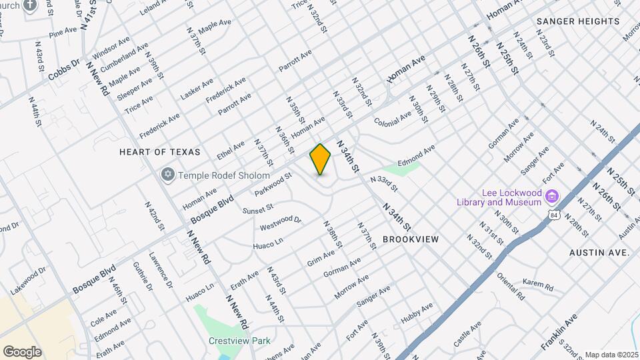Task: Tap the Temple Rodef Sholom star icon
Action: [168, 174]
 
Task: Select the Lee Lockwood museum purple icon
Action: [551, 196]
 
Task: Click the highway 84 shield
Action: [553, 215]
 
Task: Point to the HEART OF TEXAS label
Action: [159, 152]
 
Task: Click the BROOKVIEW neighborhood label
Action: [411, 238]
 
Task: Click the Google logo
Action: [21, 352]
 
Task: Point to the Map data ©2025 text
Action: [611, 355]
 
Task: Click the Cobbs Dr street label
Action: [63, 70]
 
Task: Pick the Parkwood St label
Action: [273, 186]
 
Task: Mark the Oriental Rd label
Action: [511, 285]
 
